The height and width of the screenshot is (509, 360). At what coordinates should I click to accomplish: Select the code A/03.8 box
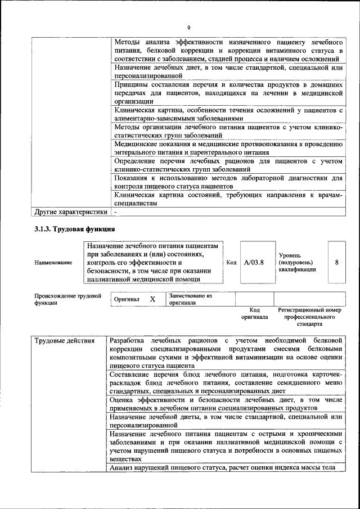coord(254,262)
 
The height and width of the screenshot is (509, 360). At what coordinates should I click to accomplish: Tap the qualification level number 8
coord(336,262)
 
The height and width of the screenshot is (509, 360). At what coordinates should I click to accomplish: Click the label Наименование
coord(53,262)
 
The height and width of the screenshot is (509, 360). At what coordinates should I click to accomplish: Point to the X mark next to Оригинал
coord(152,299)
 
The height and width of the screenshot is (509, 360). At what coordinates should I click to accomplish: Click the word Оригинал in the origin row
coord(127,300)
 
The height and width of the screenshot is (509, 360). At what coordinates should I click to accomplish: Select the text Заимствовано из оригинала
coord(190,299)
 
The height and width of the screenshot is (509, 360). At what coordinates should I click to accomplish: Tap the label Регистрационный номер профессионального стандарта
coord(309,317)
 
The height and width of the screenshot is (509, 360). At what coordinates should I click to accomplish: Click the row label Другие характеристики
coord(70,213)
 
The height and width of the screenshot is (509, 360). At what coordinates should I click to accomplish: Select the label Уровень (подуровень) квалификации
coord(297,262)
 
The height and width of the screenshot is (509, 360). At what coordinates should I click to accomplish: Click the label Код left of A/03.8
coord(231,262)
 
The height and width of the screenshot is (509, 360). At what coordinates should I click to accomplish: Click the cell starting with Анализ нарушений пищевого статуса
coord(222,467)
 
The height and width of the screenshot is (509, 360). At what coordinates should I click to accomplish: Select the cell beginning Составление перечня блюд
coord(226,382)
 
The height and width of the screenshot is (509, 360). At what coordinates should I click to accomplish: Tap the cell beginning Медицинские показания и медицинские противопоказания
coord(228,148)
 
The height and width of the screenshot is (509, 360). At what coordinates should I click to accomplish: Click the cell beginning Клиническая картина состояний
coord(228,199)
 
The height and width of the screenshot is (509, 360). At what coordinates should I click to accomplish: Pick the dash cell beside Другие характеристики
coord(115,213)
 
